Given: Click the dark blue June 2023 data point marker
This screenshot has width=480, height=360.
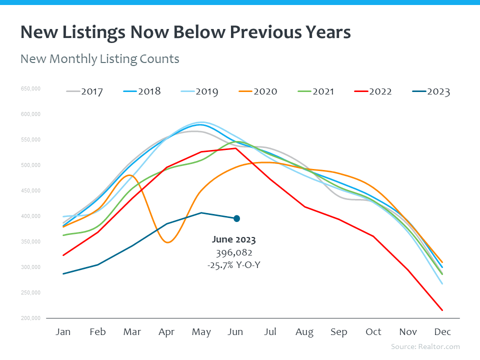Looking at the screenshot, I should [x=236, y=218].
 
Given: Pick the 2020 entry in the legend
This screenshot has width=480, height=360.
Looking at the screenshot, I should [x=265, y=91].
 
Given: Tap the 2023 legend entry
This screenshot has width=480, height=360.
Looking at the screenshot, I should [x=438, y=91].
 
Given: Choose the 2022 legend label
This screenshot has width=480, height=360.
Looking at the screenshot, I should [x=380, y=91].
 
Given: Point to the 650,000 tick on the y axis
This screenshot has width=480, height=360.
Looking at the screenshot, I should [x=30, y=89].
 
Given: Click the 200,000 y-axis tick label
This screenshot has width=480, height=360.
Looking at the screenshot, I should [x=30, y=318].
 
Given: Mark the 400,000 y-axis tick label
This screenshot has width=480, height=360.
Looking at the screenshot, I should [x=30, y=216].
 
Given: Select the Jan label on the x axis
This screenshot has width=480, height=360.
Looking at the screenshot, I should [x=63, y=332].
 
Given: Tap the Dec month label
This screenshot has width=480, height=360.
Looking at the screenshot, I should [x=442, y=332].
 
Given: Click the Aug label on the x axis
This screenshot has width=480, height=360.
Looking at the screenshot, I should [x=304, y=332].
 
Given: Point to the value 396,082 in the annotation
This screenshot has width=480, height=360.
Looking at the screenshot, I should [x=233, y=252].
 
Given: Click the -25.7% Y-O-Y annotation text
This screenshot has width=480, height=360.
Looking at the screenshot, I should [x=233, y=265].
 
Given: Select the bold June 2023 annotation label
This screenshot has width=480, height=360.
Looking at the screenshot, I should [x=233, y=240].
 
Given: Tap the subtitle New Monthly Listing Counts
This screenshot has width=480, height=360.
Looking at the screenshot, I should [x=99, y=59].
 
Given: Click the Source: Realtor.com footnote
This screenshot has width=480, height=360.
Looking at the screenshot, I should [x=425, y=346].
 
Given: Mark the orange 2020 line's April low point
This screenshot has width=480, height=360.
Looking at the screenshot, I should [x=167, y=242].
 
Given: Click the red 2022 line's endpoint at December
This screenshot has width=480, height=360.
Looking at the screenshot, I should [x=442, y=310].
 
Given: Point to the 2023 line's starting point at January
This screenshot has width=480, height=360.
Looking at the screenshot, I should [x=63, y=273].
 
